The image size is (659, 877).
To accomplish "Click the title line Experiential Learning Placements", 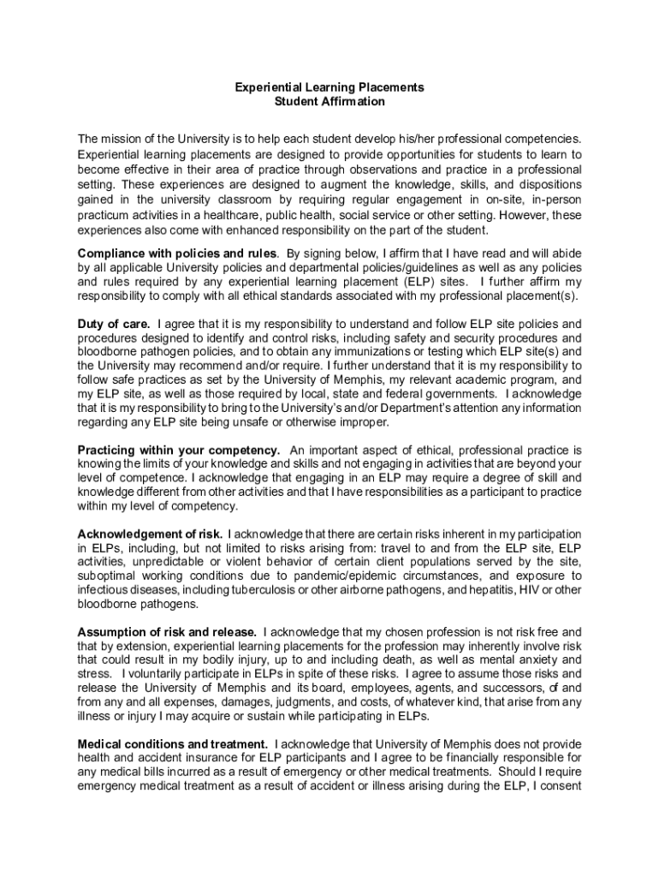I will [329, 87].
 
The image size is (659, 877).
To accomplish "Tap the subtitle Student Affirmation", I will [329, 101].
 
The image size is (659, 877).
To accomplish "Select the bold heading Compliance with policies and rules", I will [177, 254].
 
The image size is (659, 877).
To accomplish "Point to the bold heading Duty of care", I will [114, 324].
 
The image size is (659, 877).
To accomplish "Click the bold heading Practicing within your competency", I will [179, 450].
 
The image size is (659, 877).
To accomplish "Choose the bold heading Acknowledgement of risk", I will [151, 534].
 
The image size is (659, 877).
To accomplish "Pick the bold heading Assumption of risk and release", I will [168, 631].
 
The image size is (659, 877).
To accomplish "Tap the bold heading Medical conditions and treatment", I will [174, 743].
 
